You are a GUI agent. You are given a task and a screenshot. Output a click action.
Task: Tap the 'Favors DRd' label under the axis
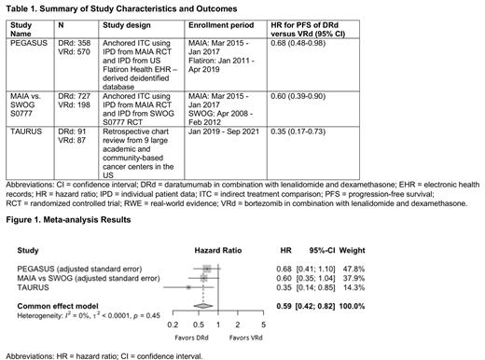tap(188, 337)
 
